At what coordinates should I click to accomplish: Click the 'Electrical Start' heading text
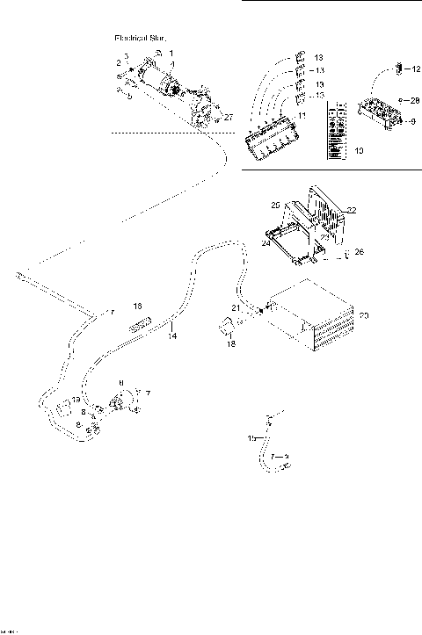pyautogui.click(x=142, y=39)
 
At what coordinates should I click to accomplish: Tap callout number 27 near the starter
pyautogui.click(x=229, y=116)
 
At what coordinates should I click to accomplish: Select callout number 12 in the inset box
pyautogui.click(x=416, y=67)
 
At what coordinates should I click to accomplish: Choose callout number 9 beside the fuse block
pyautogui.click(x=411, y=121)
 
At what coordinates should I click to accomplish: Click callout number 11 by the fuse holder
pyautogui.click(x=301, y=115)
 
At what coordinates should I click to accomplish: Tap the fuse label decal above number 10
pyautogui.click(x=335, y=132)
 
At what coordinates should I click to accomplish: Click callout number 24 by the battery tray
pyautogui.click(x=266, y=246)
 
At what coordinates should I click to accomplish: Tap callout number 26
pyautogui.click(x=358, y=252)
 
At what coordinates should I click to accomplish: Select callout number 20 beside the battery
pyautogui.click(x=364, y=314)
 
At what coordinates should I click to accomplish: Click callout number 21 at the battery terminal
pyautogui.click(x=235, y=307)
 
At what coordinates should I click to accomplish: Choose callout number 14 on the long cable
pyautogui.click(x=173, y=336)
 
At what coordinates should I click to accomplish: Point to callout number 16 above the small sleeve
pyautogui.click(x=137, y=306)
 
